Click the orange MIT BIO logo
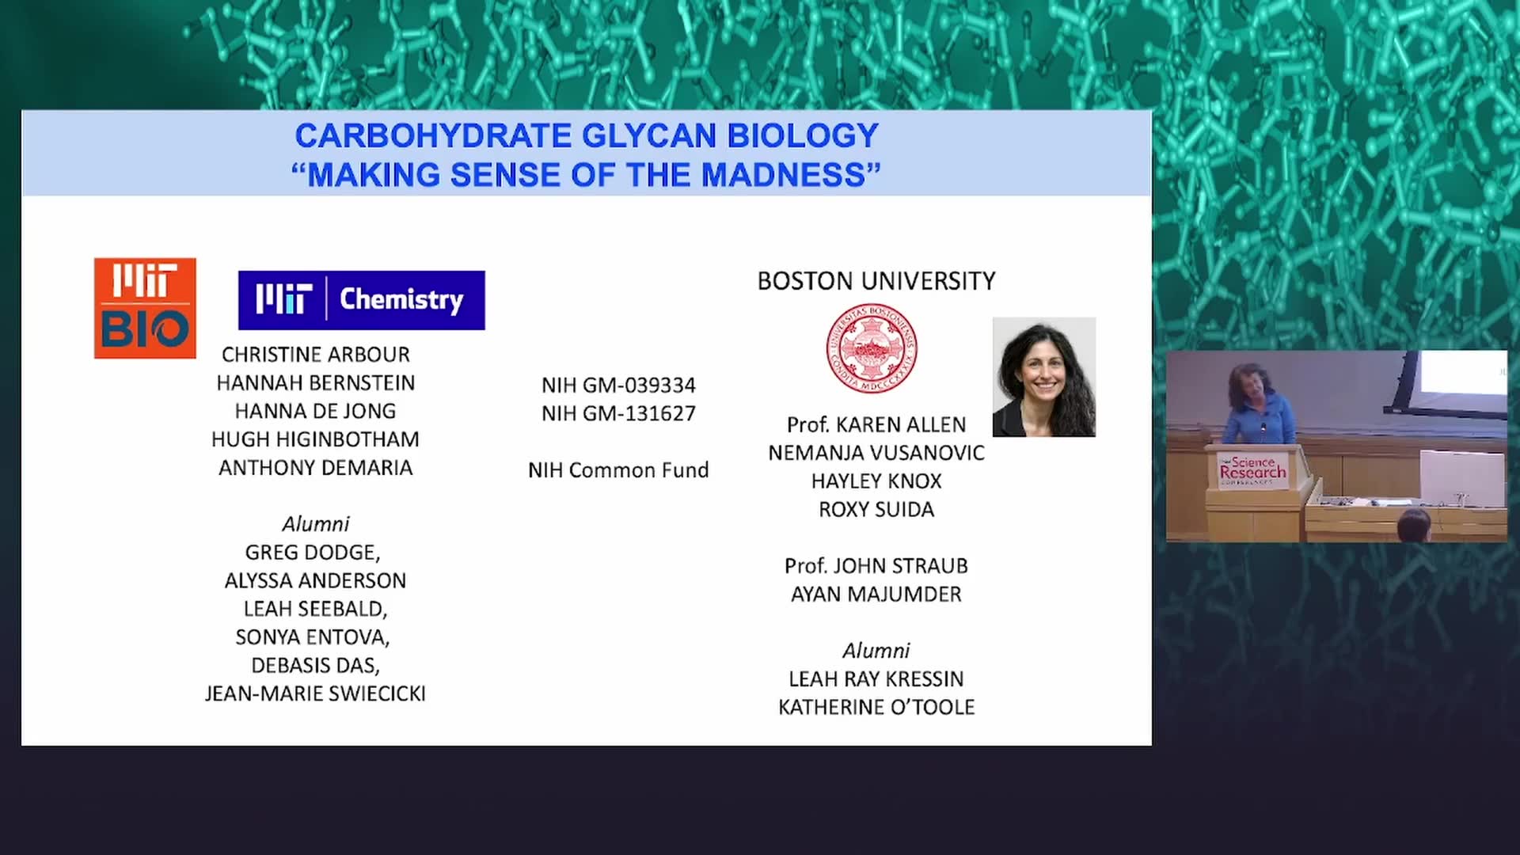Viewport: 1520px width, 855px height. click(x=145, y=308)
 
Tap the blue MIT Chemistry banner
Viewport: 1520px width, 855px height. click(x=362, y=300)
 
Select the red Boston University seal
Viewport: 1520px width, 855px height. click(x=872, y=348)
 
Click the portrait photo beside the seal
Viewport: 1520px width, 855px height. click(x=1044, y=377)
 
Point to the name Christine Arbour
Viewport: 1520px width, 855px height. click(x=316, y=355)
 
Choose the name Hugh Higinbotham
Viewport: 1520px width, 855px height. click(x=315, y=439)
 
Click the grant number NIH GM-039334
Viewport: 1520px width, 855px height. click(x=618, y=386)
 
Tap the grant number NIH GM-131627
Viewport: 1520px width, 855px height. click(x=618, y=413)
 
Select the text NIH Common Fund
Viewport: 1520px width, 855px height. click(x=618, y=470)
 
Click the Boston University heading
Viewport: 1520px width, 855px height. click(x=876, y=281)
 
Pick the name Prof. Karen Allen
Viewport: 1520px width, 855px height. click(x=876, y=425)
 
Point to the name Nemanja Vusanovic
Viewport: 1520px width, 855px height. click(x=876, y=453)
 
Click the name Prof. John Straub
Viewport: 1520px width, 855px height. click(x=876, y=566)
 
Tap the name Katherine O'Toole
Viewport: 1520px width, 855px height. click(x=876, y=707)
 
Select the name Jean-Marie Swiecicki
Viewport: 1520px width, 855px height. click(x=315, y=693)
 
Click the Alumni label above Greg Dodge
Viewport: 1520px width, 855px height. click(x=316, y=524)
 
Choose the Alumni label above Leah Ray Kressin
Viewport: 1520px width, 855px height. click(x=876, y=651)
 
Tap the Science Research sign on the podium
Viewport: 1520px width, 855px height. click(x=1253, y=470)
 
